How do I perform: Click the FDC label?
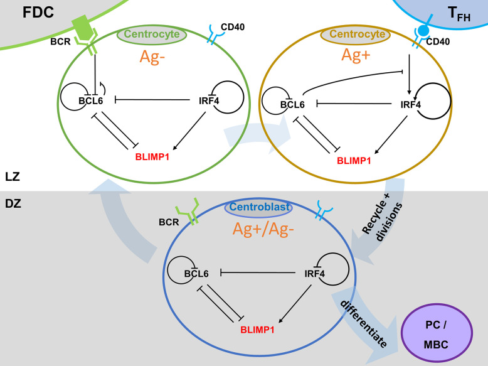38,13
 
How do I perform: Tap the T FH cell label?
459,14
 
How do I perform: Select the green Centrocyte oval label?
152,35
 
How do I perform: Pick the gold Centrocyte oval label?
357,35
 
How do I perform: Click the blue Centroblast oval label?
259,207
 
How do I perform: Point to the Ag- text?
152,57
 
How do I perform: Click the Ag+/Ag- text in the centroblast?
263,230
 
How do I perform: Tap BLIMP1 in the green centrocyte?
152,157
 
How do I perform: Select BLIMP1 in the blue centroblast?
257,330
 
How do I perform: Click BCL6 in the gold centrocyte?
292,105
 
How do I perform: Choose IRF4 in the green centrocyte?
209,100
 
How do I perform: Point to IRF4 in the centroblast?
314,274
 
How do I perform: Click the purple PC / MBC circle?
437,333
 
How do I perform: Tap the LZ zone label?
13,176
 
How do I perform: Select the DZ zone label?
13,203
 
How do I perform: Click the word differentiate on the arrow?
364,324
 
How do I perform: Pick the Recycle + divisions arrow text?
383,217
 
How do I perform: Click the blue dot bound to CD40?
423,31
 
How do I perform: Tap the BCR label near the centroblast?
169,222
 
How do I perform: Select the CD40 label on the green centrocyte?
233,27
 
